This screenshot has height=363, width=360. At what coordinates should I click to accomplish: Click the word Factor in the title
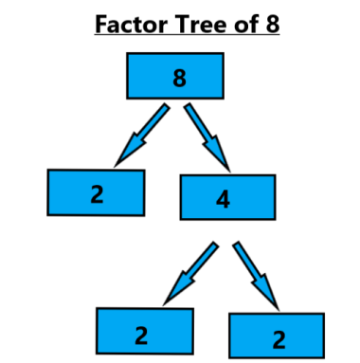(125, 21)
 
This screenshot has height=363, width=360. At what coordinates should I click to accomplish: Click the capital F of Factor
(100, 21)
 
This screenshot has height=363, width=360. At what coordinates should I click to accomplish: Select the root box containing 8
(175, 76)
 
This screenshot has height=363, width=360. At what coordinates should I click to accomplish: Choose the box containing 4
(227, 197)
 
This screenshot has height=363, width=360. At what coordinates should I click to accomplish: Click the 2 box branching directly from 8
(96, 192)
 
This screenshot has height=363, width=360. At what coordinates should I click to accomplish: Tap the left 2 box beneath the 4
(145, 332)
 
